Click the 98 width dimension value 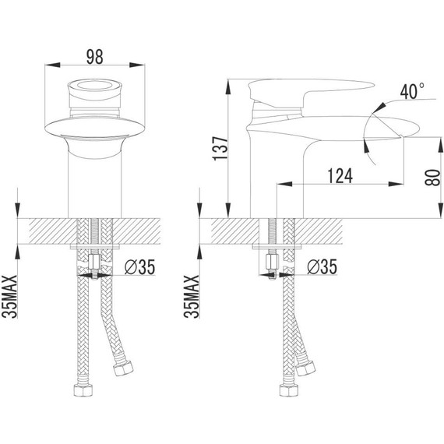pos(95,57)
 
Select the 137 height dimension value pos(220,149)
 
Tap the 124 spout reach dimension pos(340,176)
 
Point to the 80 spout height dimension pos(432,178)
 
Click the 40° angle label pos(412,91)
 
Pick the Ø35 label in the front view pos(140,267)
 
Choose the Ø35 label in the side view pos(322,267)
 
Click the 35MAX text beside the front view pos(9,297)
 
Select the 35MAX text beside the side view pos(192,297)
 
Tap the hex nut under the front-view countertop pos(94,263)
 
